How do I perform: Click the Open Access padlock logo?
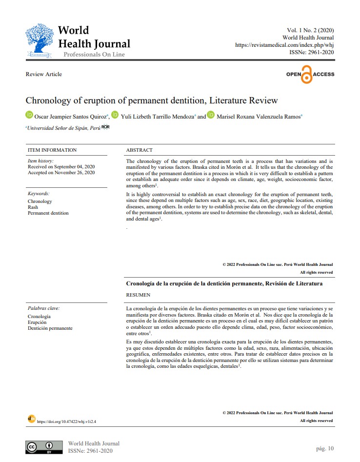(307, 74)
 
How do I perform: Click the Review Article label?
(44, 74)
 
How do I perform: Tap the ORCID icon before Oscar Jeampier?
(29, 115)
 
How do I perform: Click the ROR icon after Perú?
(105, 127)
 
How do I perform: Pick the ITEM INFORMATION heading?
(52, 150)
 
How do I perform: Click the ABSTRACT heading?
(139, 150)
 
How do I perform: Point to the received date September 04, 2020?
(61, 166)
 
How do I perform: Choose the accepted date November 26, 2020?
(61, 172)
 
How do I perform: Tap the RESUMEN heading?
(138, 295)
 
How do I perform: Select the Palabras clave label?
(43, 308)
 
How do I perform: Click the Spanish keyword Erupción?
(38, 322)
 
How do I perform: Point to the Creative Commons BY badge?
(44, 447)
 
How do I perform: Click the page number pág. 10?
(325, 448)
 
